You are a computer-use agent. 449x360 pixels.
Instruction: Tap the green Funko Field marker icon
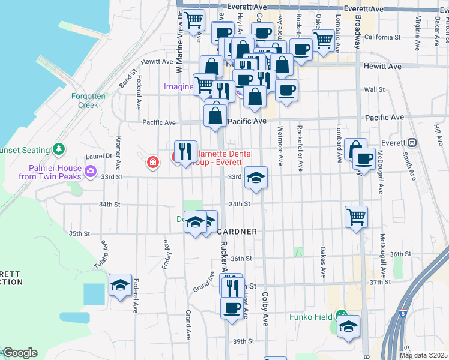pyautogui.click(x=342, y=314)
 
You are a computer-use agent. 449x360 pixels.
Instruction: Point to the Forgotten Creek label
pyautogui.click(x=88, y=100)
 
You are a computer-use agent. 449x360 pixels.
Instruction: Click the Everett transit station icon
pyautogui.click(x=412, y=143)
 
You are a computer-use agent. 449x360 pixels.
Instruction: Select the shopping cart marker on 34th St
pyautogui.click(x=357, y=215)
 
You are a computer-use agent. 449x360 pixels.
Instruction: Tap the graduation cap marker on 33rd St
pyautogui.click(x=256, y=177)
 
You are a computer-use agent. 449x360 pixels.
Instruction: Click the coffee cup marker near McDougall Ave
pyautogui.click(x=364, y=158)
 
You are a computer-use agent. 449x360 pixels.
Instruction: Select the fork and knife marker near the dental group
pyautogui.click(x=185, y=151)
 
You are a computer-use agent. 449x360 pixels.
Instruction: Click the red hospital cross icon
pyautogui.click(x=153, y=162)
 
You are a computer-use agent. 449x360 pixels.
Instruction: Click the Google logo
pyautogui.click(x=19, y=353)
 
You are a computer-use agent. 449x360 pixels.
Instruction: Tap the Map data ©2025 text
pyautogui.click(x=424, y=355)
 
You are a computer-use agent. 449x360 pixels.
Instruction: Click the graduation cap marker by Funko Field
pyautogui.click(x=348, y=326)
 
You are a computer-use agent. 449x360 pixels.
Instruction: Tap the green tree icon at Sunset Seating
pyautogui.click(x=58, y=148)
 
